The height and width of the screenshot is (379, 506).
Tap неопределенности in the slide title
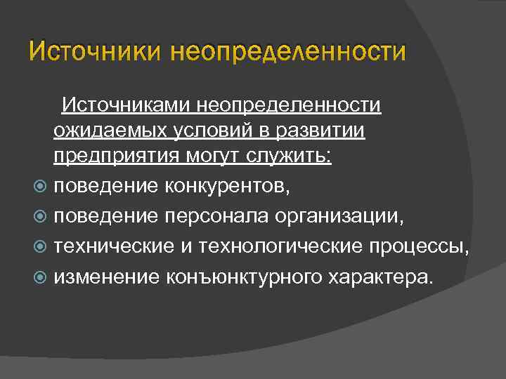coord(288,51)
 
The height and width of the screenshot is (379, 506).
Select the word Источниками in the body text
coord(124,105)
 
